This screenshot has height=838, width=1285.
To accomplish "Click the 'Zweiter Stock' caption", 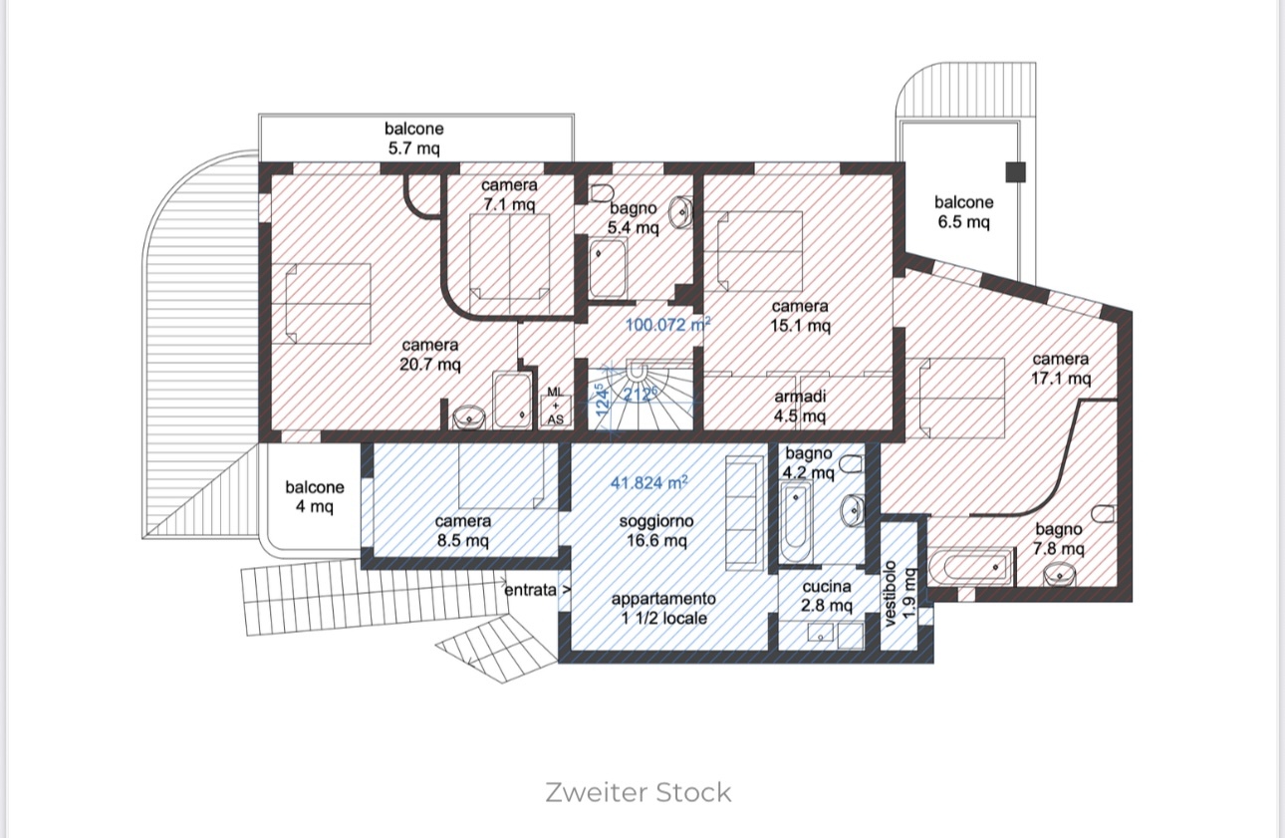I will [x=639, y=793].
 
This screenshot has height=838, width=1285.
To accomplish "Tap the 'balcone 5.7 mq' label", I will [x=414, y=139].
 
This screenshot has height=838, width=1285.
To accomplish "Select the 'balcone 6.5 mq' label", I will [x=963, y=212].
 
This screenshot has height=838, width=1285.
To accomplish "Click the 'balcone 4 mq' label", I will [x=315, y=496].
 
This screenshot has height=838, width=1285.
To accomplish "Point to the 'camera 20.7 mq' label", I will [x=430, y=355].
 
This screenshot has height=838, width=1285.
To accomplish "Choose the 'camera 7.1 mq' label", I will [x=509, y=194].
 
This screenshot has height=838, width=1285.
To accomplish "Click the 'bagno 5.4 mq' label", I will [x=634, y=218].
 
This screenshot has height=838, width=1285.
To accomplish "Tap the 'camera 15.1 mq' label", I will [x=800, y=316].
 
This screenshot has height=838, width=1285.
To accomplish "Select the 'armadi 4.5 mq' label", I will [x=800, y=406].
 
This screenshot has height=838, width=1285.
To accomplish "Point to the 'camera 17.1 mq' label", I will [x=1060, y=369].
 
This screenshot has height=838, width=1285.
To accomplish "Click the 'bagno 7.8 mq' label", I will [x=1058, y=539].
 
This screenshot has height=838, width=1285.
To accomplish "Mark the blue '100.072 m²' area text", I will [x=667, y=324].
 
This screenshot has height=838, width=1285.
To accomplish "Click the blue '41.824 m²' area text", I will [x=649, y=483].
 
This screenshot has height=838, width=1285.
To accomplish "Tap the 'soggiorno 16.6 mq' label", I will [x=655, y=530].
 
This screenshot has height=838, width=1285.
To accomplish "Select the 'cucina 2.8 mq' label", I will [x=827, y=596].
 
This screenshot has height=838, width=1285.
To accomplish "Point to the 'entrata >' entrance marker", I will [x=538, y=589].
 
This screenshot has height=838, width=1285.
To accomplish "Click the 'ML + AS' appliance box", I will [x=555, y=407].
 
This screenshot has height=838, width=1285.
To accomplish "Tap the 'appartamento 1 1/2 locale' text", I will [x=663, y=608].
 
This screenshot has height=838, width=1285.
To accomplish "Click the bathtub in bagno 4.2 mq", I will [x=797, y=523].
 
